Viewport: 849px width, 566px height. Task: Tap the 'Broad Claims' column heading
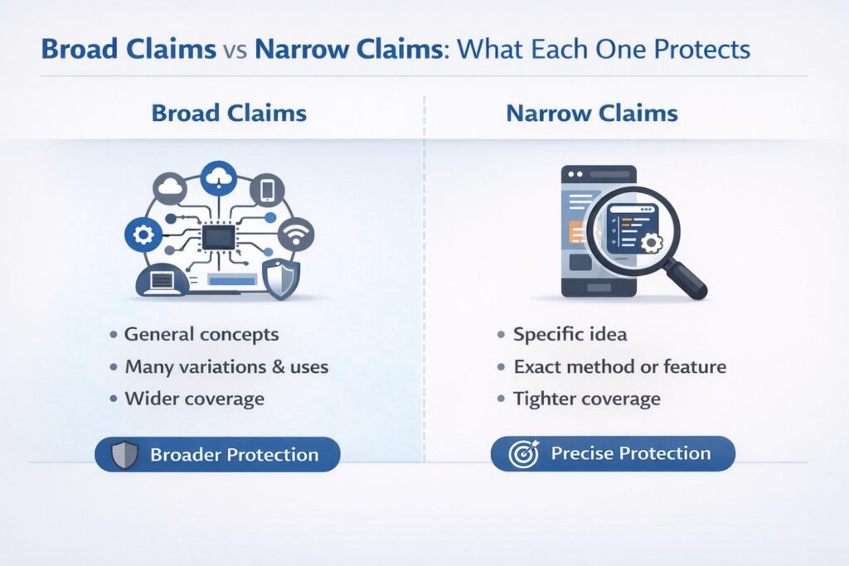(229, 114)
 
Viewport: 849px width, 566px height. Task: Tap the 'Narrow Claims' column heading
(592, 114)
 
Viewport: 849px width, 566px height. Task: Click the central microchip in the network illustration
(218, 238)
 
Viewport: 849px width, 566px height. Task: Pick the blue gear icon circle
(142, 236)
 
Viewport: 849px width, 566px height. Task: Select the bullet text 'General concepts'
(201, 335)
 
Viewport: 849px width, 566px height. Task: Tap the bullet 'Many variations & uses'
(226, 366)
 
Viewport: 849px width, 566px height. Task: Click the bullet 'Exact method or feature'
(619, 366)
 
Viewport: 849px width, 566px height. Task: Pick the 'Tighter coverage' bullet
(586, 399)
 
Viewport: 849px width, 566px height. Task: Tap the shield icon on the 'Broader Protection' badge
(125, 455)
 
